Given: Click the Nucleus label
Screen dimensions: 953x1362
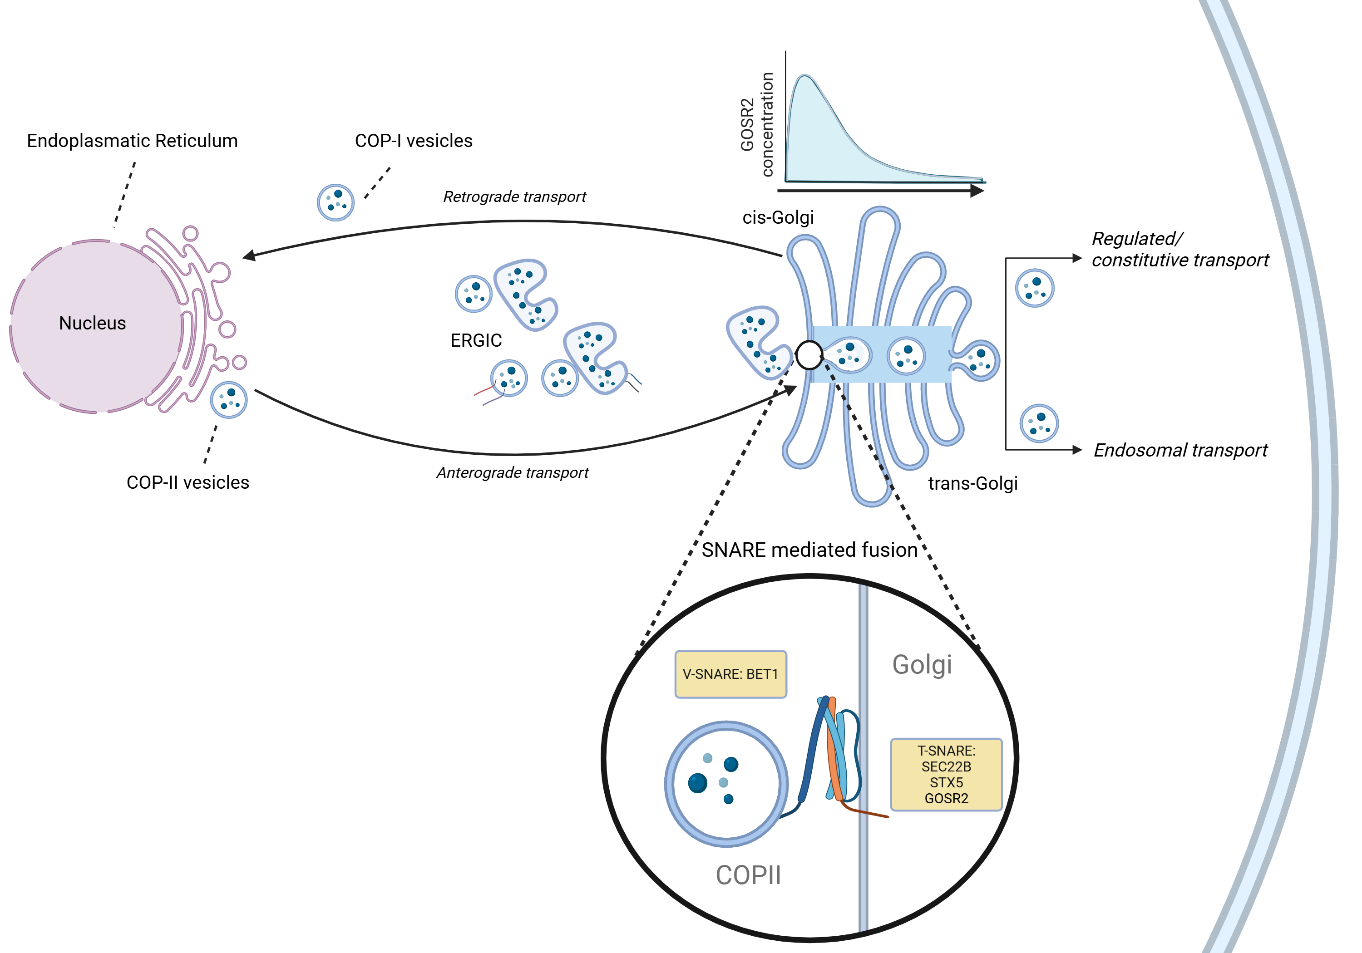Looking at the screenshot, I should click(x=93, y=323).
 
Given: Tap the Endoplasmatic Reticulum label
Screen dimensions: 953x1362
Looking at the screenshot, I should click(x=132, y=141).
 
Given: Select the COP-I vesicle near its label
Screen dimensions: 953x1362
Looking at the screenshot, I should click(x=336, y=202).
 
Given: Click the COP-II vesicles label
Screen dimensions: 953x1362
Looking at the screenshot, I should click(x=188, y=482).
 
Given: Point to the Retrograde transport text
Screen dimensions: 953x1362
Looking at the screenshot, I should click(x=514, y=197).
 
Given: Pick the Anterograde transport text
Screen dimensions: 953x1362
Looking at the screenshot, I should click(x=513, y=473).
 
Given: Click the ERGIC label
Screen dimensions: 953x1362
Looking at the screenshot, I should click(x=476, y=340).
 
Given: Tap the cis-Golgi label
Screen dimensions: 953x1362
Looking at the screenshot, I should click(x=778, y=218).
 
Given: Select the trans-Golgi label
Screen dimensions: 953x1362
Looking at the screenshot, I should click(x=972, y=483).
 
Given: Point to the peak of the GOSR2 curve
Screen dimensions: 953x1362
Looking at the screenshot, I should click(x=804, y=76).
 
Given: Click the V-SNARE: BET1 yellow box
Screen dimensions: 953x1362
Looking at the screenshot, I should click(x=730, y=674).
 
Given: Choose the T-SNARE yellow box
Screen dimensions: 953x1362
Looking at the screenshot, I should click(x=946, y=775).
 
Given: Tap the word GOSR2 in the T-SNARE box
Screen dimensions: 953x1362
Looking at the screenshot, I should click(x=946, y=799).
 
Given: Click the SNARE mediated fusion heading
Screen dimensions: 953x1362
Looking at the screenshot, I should click(x=810, y=550).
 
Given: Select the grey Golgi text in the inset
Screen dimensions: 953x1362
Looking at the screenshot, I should click(x=922, y=665).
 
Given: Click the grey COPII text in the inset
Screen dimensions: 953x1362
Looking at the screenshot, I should click(x=748, y=875).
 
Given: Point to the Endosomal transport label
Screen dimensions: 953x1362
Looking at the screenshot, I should click(x=1180, y=451).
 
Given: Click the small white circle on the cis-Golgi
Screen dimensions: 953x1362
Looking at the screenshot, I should click(x=809, y=356).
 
